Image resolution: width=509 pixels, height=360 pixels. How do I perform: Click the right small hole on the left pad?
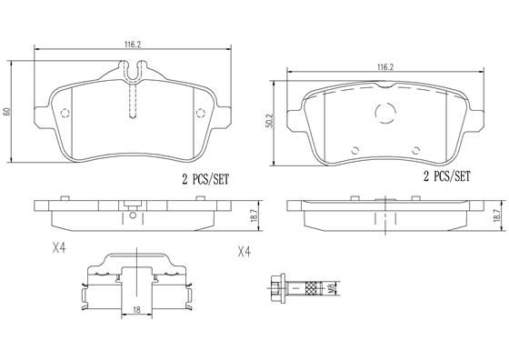click(x=202, y=114)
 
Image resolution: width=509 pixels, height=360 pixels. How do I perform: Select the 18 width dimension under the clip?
click(x=135, y=310)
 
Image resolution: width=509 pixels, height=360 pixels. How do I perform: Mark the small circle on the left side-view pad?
click(x=135, y=215)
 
